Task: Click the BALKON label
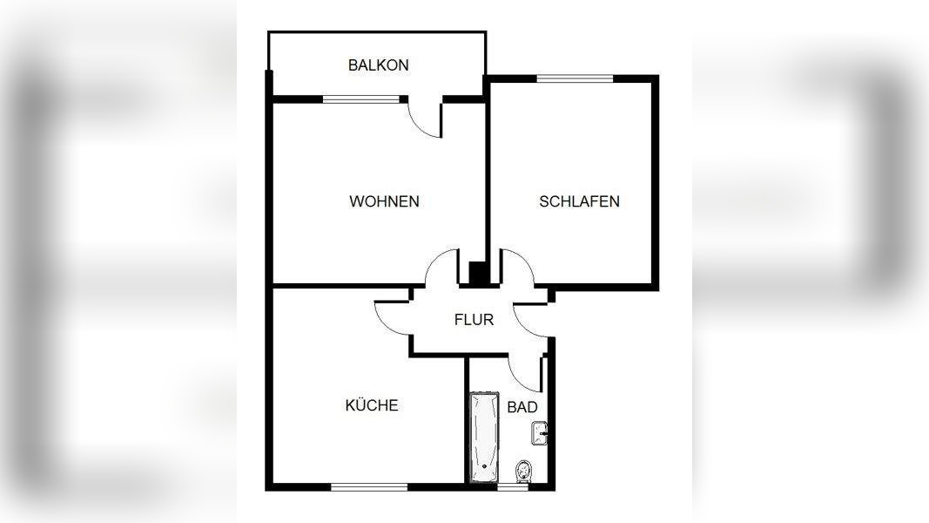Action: coord(378,65)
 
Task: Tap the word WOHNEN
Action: coord(384,201)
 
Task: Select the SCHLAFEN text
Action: coord(579,201)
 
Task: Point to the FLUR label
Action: coord(474,319)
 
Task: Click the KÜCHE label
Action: coord(372,405)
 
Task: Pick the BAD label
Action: coord(522,406)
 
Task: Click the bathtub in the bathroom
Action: coord(483,437)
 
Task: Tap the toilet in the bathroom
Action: coord(523,472)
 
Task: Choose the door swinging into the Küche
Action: coord(392,317)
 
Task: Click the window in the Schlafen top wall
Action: coord(575,78)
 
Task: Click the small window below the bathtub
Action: coord(512,487)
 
